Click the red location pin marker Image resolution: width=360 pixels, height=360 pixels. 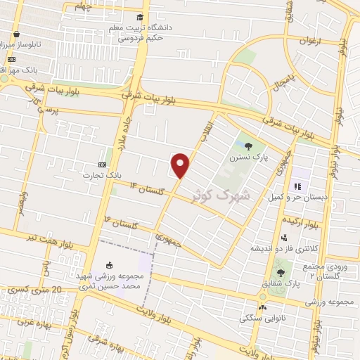181,165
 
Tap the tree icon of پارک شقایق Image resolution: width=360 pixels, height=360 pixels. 281,272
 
